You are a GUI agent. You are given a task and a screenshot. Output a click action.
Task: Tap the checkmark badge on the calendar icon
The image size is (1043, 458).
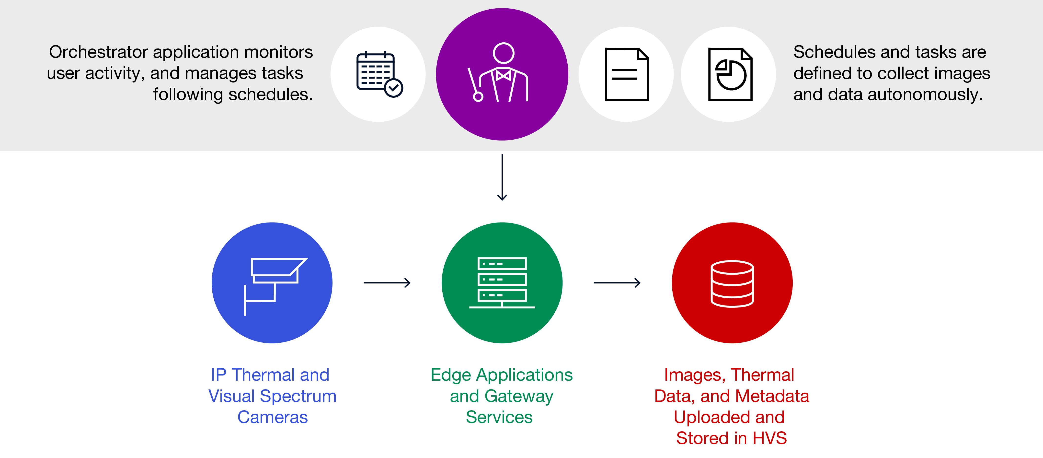pos(394,88)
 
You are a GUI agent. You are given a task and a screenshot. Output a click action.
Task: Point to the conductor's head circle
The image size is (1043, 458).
pos(504,53)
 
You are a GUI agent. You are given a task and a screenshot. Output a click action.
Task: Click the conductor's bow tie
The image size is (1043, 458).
pos(503,75)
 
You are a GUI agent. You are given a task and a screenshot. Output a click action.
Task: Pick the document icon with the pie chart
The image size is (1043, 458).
pos(730,74)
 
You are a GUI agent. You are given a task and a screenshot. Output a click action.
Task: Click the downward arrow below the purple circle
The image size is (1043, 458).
pos(502,177)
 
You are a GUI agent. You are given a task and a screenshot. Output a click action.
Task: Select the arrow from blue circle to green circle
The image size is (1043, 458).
pos(387,283)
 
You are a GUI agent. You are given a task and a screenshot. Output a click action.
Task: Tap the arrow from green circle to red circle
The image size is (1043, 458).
pos(617,283)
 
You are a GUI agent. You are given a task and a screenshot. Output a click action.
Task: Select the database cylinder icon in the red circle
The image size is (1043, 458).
pos(732,283)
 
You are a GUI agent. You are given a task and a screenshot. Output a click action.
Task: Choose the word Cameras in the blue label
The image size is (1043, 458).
pos(273,417)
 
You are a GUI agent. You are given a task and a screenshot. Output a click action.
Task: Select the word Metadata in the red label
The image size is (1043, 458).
pos(771,396)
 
